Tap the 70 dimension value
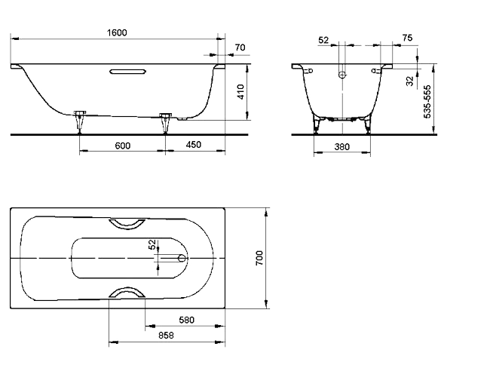click(x=240, y=48)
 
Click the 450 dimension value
click(x=194, y=145)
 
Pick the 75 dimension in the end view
click(x=407, y=38)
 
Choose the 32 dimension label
click(x=410, y=81)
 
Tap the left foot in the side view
click(x=80, y=120)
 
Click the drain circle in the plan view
click(x=181, y=258)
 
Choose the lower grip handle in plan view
click(x=128, y=293)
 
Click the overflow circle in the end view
click(x=341, y=75)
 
